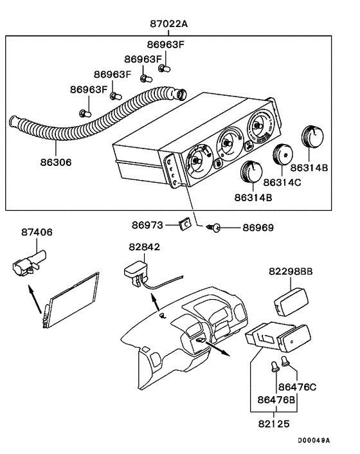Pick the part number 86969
tap(258, 228)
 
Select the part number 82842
tap(144, 246)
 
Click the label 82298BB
tap(291, 272)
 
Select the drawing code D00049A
tap(314, 440)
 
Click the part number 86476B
tap(277, 400)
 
